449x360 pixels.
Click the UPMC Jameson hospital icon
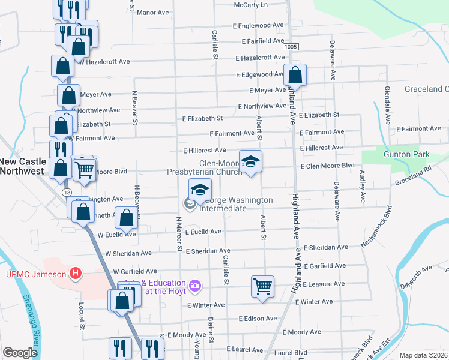tap(76, 274)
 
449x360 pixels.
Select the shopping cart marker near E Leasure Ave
tap(262, 286)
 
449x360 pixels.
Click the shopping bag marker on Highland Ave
tap(295, 75)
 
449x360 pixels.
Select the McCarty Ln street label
tap(251, 5)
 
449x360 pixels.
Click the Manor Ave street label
tap(154, 12)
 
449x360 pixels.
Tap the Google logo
tap(20, 353)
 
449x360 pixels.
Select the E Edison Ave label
tap(258, 318)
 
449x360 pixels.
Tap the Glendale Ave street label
tap(387, 100)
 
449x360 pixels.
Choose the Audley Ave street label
tap(362, 182)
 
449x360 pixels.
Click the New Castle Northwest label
tap(23, 166)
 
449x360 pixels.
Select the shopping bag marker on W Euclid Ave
tap(127, 219)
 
